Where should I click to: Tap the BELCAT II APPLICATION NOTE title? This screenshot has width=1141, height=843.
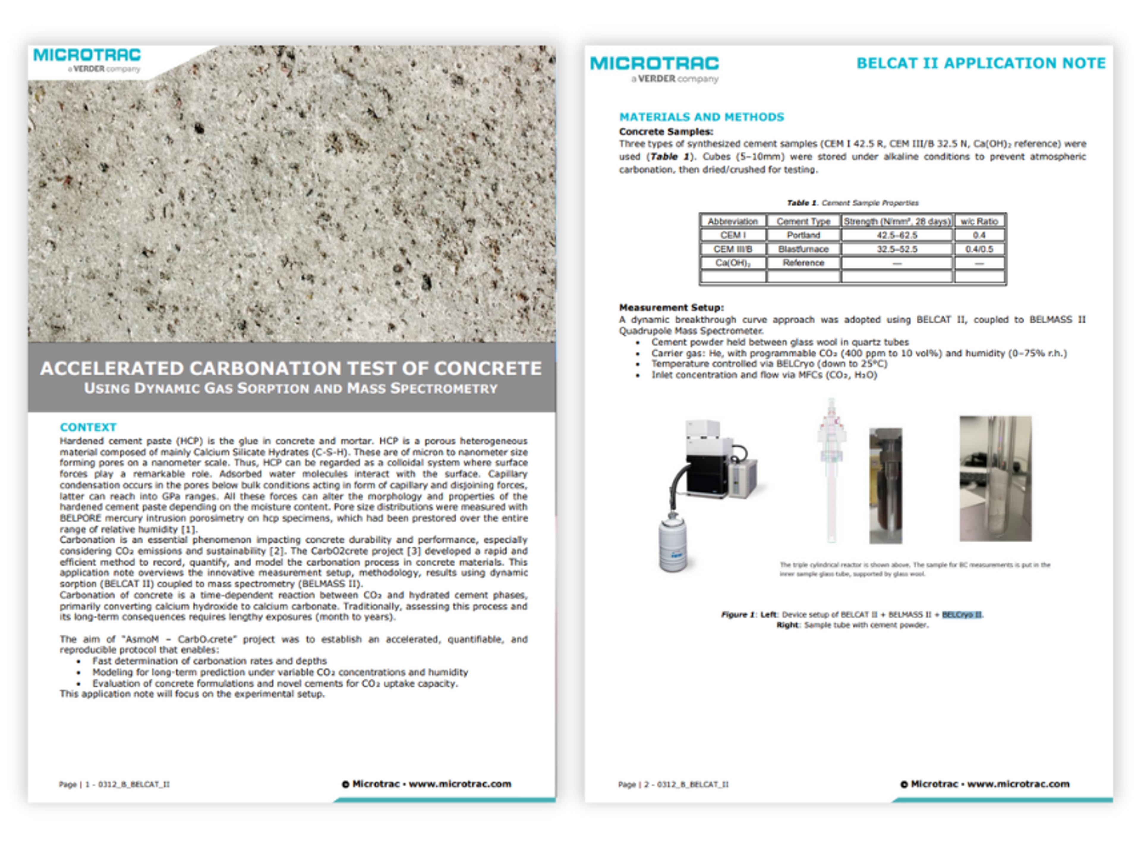click(981, 63)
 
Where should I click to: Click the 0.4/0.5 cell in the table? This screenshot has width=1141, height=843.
click(979, 249)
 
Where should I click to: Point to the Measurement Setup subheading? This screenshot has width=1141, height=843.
click(671, 307)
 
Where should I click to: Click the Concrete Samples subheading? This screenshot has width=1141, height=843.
click(666, 132)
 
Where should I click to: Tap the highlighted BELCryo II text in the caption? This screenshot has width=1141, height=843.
click(962, 614)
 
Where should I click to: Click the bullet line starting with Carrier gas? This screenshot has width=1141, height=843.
click(858, 353)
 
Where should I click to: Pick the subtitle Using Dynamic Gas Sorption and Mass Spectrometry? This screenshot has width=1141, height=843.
click(291, 388)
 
